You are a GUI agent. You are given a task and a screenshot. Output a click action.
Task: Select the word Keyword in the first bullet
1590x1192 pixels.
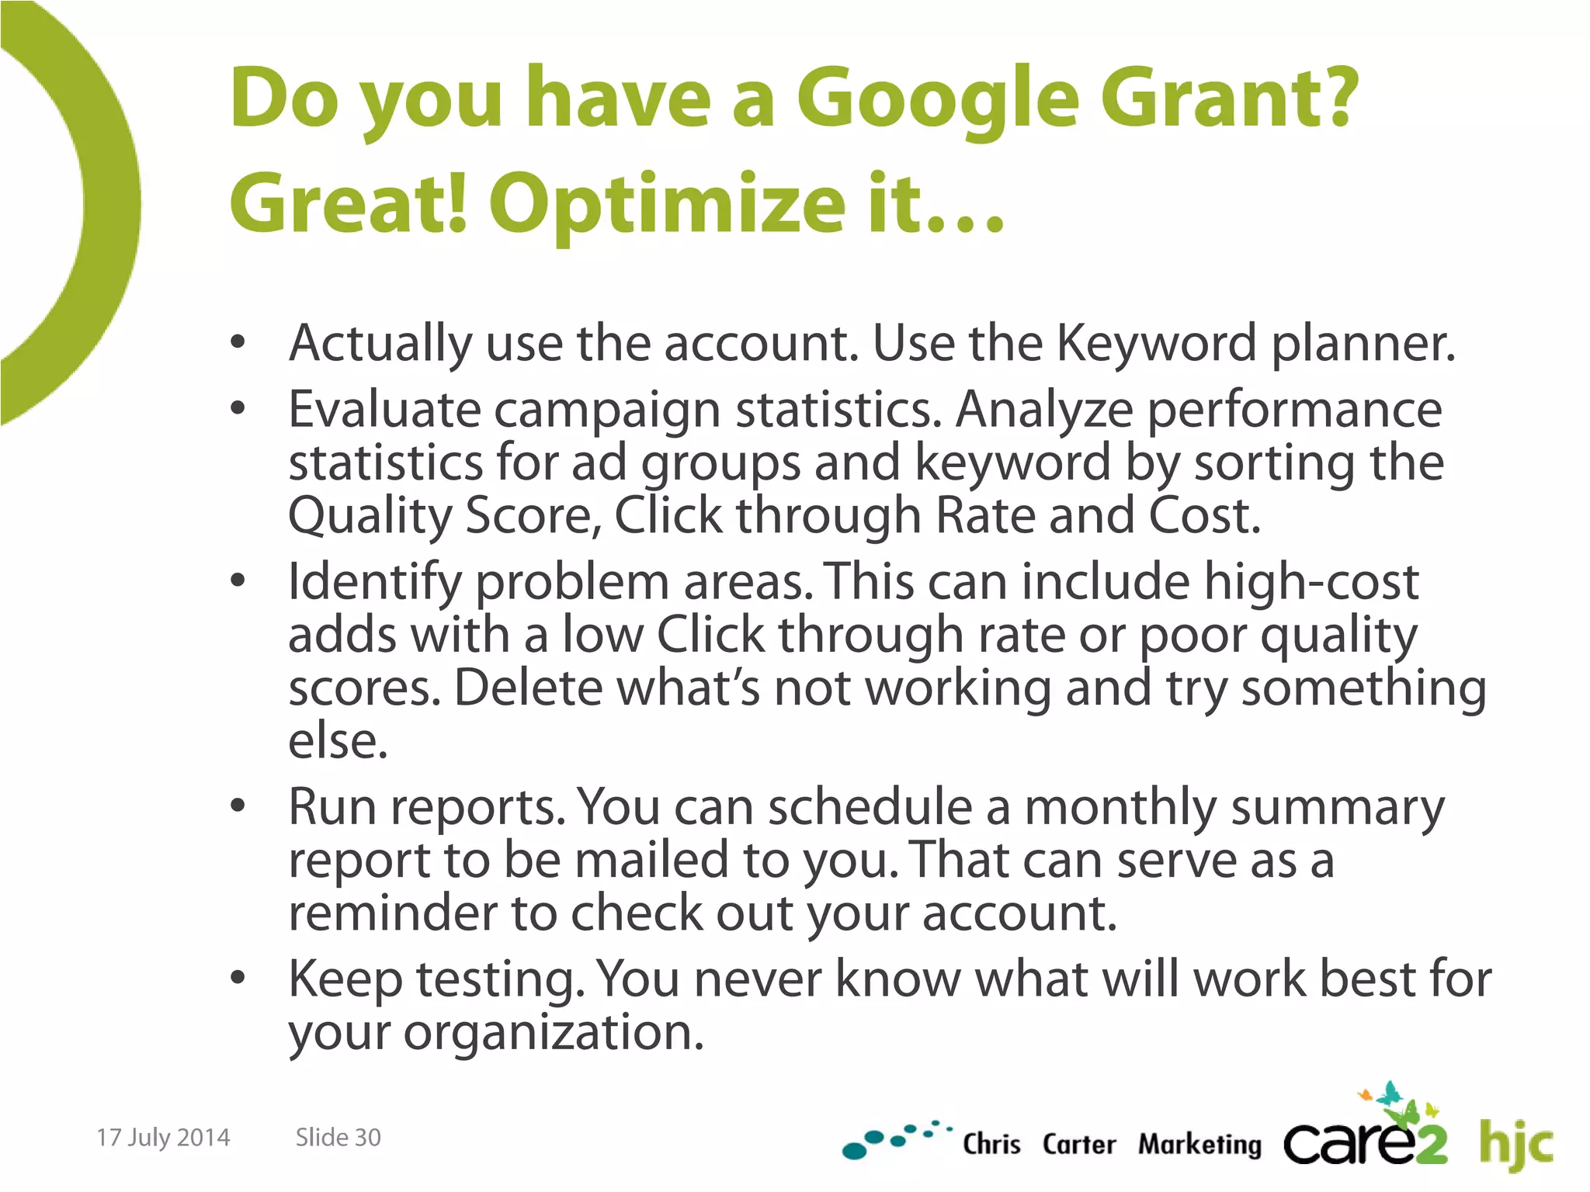[1156, 342]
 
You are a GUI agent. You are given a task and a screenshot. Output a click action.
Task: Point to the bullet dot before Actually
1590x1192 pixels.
[238, 341]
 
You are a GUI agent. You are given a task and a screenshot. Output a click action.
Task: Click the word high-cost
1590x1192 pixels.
[1311, 582]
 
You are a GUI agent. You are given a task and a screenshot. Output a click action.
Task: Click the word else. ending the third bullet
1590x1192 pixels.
[338, 741]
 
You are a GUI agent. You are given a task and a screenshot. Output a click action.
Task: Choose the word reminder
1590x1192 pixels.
[392, 913]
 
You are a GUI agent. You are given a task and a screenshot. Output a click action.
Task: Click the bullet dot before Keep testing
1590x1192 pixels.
[238, 979]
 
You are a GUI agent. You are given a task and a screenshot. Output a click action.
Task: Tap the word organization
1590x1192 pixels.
[552, 1033]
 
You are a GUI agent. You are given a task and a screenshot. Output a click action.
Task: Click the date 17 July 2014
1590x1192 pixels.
[163, 1138]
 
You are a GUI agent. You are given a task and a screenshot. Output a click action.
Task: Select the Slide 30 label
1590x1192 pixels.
[338, 1138]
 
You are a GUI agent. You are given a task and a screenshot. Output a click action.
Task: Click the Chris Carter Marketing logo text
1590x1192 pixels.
[1111, 1145]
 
